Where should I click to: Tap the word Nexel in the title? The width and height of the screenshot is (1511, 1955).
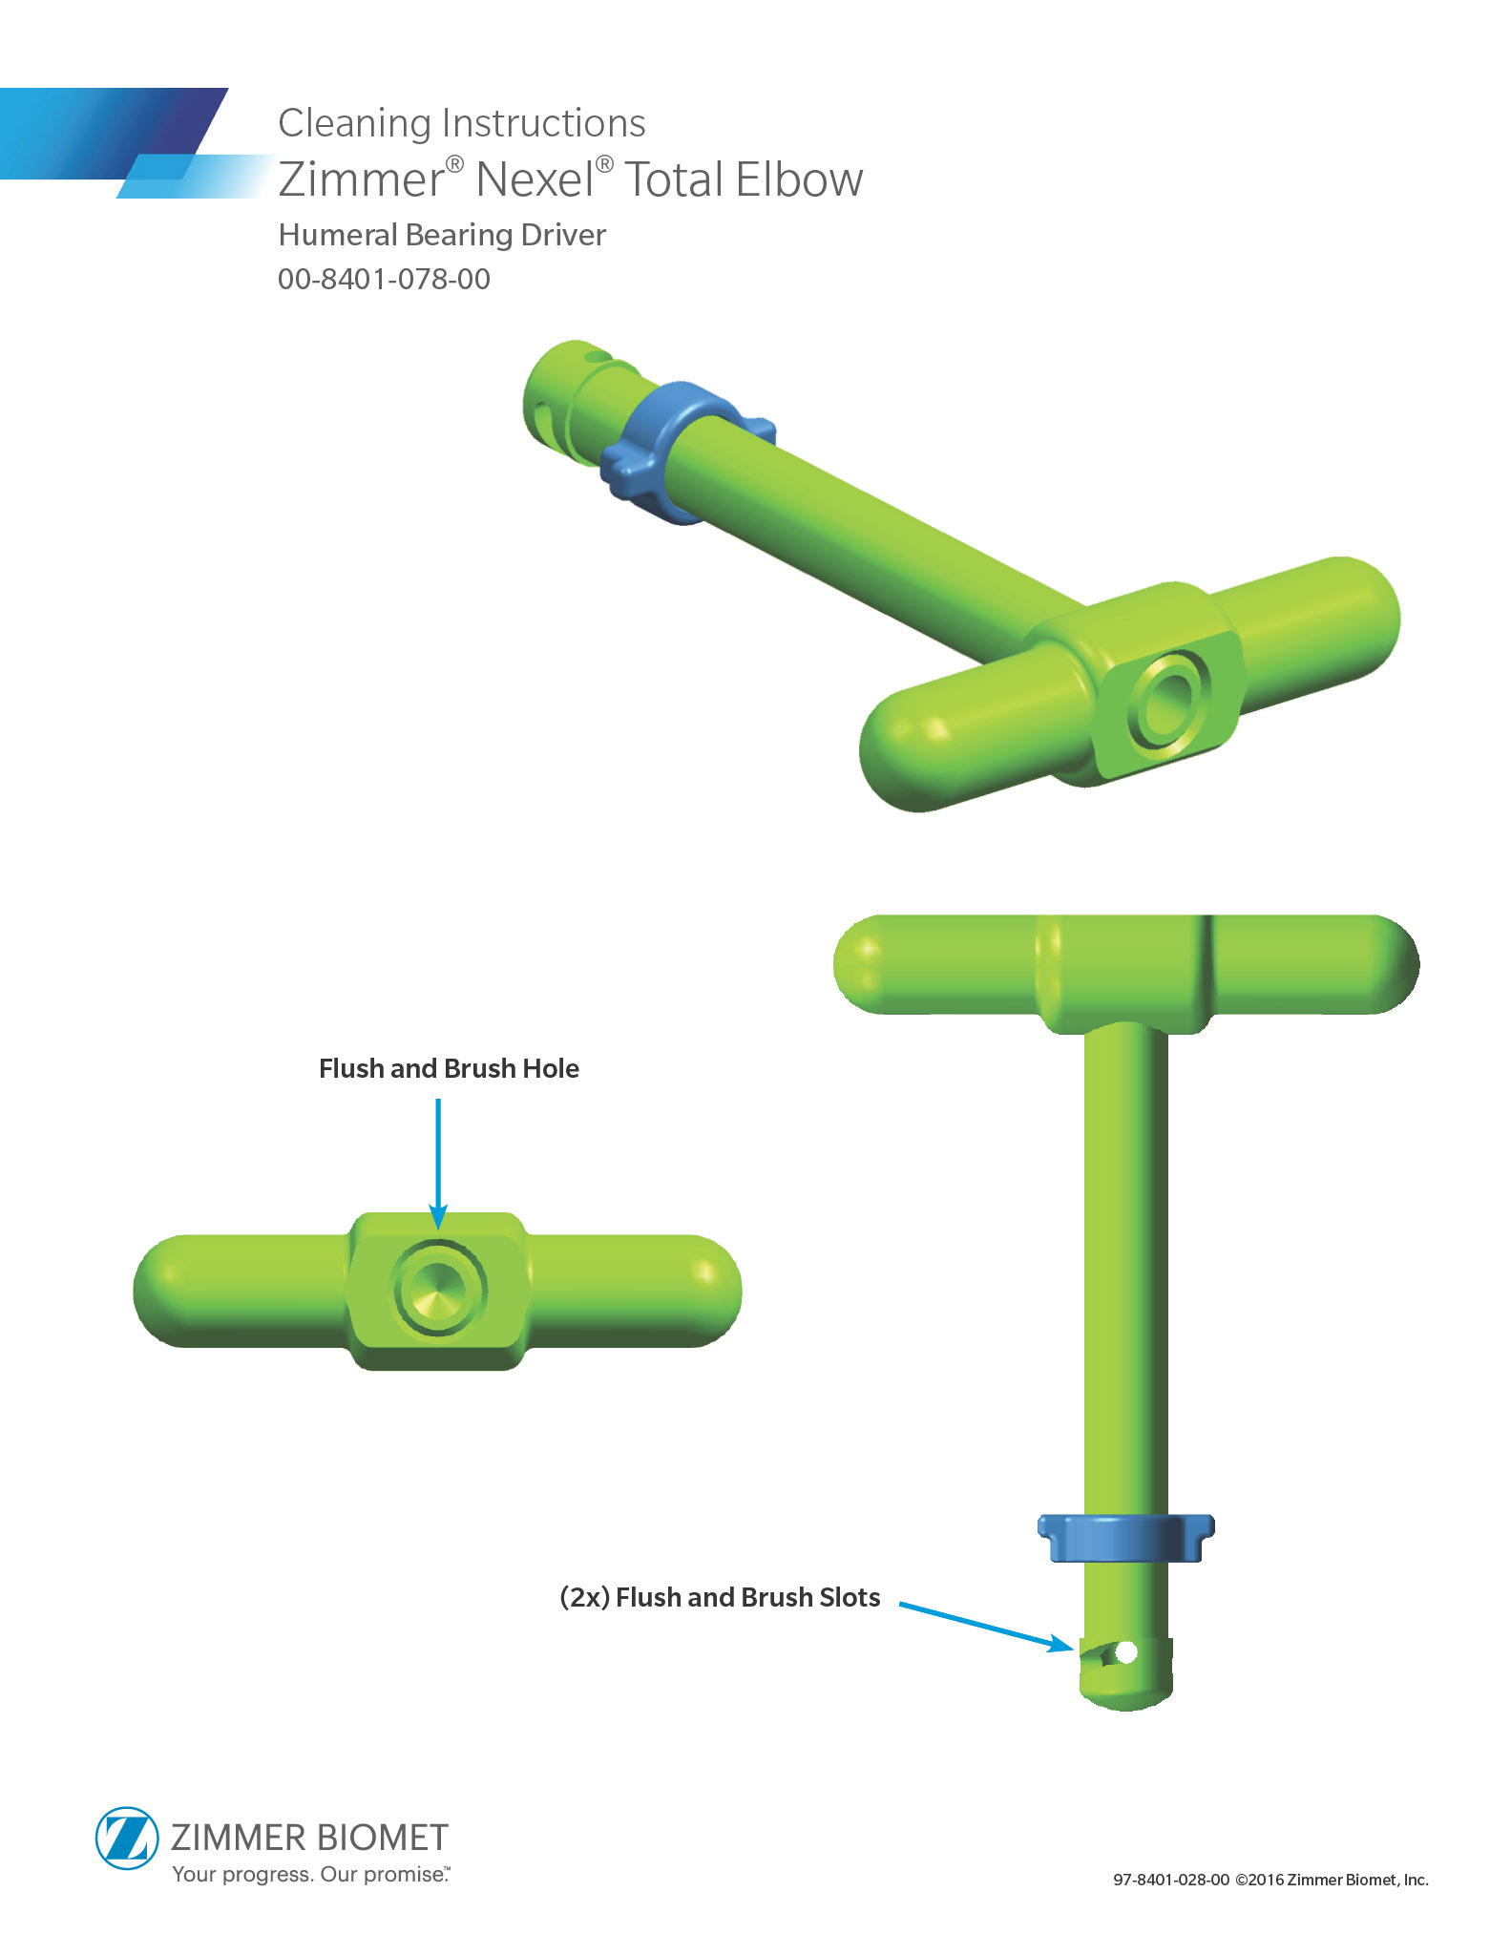[535, 179]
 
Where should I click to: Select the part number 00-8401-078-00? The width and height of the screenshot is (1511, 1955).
[384, 279]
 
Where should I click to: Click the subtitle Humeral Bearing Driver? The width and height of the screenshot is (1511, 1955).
[442, 235]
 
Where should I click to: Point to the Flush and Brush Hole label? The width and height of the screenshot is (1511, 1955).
[449, 1068]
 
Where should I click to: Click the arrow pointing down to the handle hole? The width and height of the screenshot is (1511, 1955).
[438, 1164]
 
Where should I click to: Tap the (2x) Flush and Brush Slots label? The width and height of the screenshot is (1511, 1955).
[720, 1597]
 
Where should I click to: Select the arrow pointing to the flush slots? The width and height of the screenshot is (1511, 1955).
[986, 1626]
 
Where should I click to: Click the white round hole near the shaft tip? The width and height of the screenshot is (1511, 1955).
[1126, 1651]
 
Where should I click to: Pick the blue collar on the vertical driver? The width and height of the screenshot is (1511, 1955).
[1126, 1537]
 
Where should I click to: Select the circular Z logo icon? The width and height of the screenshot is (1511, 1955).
[126, 1838]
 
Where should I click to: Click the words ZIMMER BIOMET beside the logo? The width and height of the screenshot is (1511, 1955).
[309, 1838]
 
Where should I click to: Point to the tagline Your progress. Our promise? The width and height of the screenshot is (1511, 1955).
[310, 1874]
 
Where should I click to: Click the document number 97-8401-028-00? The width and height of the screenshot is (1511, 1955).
[1171, 1880]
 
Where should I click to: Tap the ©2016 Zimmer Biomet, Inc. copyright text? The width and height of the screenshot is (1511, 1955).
[1332, 1880]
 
